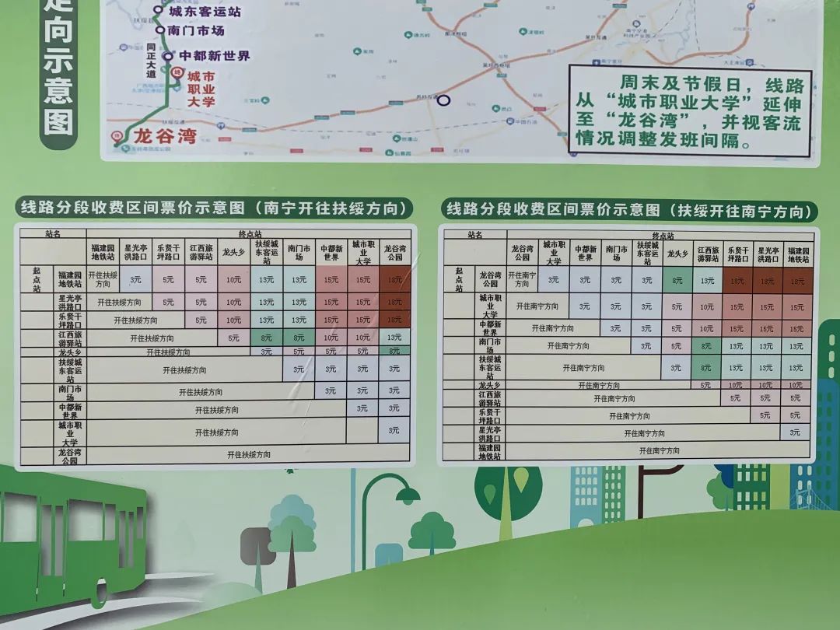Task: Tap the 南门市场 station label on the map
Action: pyautogui.click(x=195, y=30)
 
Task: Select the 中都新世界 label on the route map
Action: pyautogui.click(x=215, y=56)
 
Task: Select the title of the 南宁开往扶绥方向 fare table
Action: pyautogui.click(x=214, y=208)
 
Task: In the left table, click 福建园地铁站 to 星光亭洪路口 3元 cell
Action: pyautogui.click(x=137, y=278)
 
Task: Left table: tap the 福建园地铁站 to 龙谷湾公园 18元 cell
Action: pyautogui.click(x=394, y=279)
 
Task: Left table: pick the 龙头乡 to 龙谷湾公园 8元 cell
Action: pyautogui.click(x=394, y=352)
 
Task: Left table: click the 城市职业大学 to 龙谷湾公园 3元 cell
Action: pyautogui.click(x=394, y=430)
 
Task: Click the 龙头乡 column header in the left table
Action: pyautogui.click(x=233, y=252)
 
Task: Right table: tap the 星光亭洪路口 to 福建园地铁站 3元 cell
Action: pyautogui.click(x=795, y=431)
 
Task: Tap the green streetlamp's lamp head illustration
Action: pyautogui.click(x=407, y=493)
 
